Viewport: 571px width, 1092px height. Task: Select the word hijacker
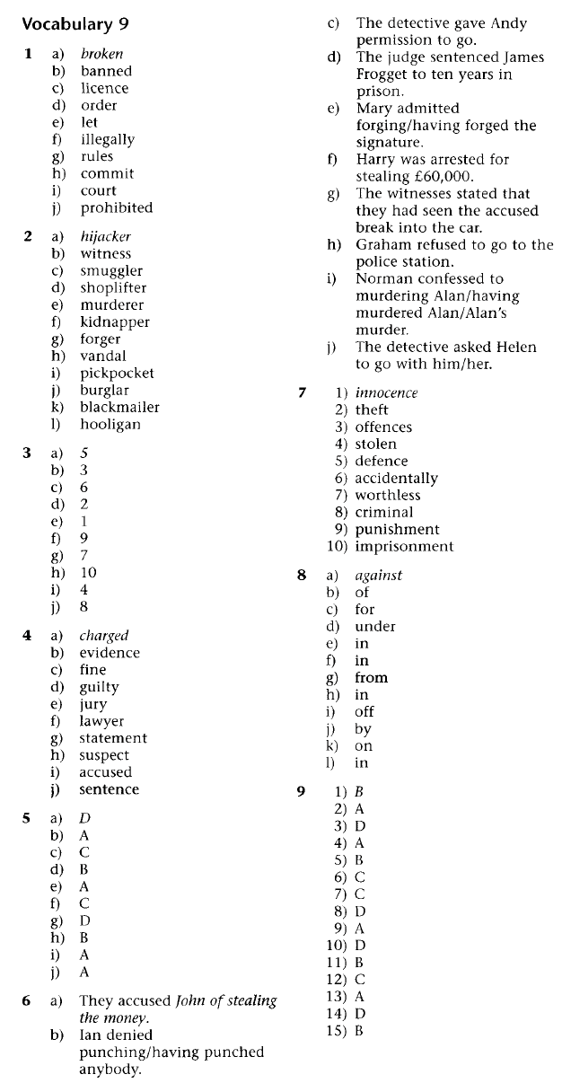coord(105,237)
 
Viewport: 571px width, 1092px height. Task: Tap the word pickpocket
coord(117,373)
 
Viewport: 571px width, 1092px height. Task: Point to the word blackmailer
coord(119,407)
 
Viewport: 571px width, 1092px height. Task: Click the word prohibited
coord(117,207)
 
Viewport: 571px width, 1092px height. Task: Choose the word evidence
coord(110,653)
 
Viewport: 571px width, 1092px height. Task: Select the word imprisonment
coord(404,546)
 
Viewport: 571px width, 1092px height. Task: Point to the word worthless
coord(388,495)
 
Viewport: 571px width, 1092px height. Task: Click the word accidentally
coord(396,479)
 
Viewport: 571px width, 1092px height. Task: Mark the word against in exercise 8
coord(378,576)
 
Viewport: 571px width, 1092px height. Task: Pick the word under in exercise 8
coord(374,627)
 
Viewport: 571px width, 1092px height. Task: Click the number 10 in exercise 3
coord(88,572)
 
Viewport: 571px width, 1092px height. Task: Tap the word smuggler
coord(111,271)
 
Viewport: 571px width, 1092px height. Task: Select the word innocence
coord(386,392)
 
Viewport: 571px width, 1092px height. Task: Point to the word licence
coord(104,88)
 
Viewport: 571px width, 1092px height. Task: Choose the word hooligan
coord(110,424)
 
